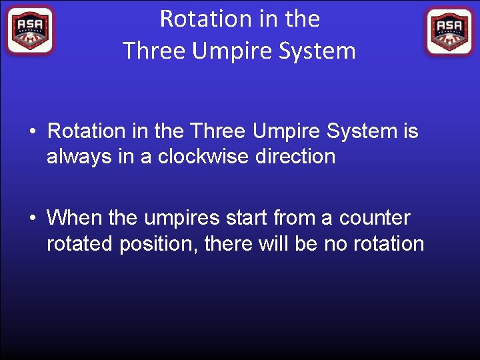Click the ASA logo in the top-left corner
pos(29,31)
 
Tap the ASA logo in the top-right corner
pos(449,31)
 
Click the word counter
pos(375,218)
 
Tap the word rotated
pos(80,244)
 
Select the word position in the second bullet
pos(157,245)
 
